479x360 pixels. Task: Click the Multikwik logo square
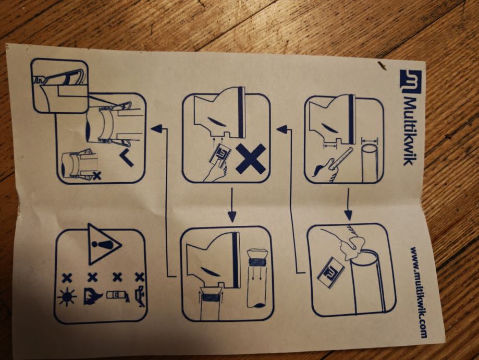coord(411,81)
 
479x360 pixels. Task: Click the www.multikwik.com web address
coord(419,292)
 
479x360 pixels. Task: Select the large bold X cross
coord(251,159)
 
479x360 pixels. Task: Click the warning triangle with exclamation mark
coord(104,244)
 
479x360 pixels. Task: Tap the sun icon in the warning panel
coord(67,296)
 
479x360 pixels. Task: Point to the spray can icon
coord(118,296)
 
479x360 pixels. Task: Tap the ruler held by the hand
coord(342,159)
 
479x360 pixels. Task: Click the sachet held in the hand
coord(219,155)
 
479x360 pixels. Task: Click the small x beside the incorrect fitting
coord(97,175)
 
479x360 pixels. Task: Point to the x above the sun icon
coord(67,278)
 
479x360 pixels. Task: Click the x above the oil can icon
coord(140,277)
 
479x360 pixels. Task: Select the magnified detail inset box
coord(60,86)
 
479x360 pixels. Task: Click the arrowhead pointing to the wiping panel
coord(349,215)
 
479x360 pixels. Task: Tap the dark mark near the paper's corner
coord(381,65)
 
